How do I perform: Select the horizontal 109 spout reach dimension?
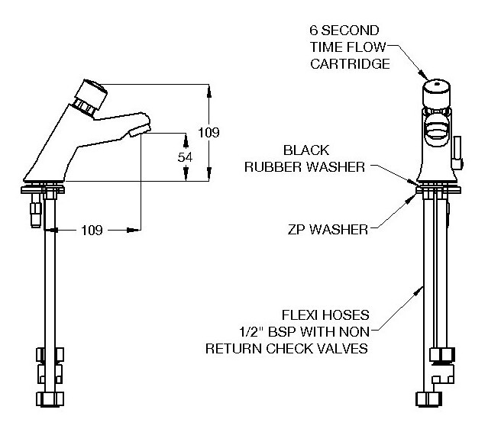coord(92,229)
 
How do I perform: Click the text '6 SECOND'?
coord(344,31)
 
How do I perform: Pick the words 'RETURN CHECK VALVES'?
coord(286,349)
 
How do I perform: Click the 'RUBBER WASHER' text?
coord(304,166)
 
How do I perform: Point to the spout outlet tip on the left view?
coord(137,132)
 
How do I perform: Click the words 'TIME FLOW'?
coord(344,47)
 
